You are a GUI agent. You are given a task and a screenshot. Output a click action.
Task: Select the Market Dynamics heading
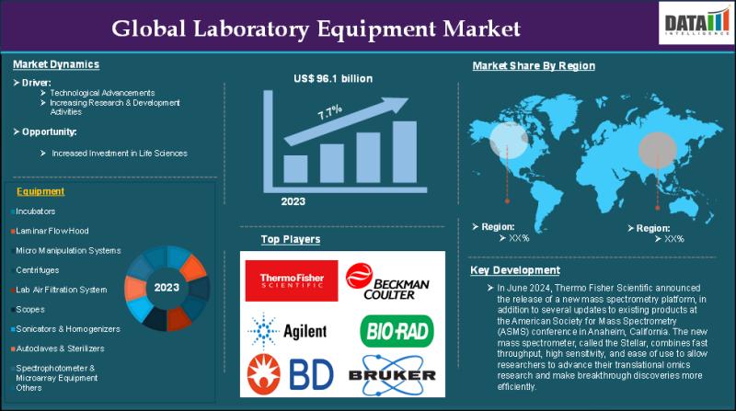click(57, 64)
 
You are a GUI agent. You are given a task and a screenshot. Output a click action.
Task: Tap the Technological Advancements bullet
click(115, 93)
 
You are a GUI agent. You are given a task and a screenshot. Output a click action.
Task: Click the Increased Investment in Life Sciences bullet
click(120, 153)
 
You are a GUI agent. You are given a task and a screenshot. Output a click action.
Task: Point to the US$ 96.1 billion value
click(331, 78)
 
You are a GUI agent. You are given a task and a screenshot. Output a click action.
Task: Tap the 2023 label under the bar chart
click(293, 200)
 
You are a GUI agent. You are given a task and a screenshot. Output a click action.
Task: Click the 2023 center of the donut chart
click(167, 288)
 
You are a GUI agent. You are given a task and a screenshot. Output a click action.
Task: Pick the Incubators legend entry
click(36, 211)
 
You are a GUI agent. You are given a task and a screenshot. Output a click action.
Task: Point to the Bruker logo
click(392, 373)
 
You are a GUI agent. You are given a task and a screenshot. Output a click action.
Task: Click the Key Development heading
click(514, 270)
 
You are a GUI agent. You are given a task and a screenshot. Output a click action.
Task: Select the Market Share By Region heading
click(534, 66)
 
